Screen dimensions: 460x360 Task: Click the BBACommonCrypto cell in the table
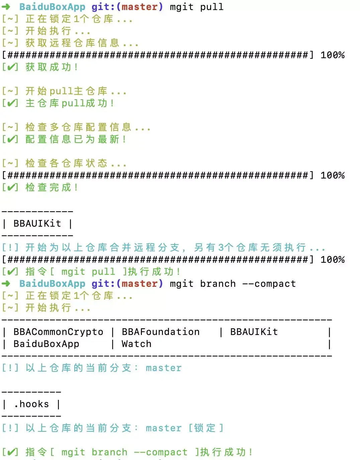58,332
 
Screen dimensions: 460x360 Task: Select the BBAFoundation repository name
161,332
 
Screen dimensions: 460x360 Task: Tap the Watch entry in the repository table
137,344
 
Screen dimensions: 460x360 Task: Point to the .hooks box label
31,404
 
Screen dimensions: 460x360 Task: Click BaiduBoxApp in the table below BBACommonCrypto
46,344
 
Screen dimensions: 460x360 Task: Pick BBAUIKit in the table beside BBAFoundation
254,332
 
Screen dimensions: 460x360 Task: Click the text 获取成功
52,67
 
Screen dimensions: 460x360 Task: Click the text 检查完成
52,188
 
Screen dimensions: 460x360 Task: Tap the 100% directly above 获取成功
333,55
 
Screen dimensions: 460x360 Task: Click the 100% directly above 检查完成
333,176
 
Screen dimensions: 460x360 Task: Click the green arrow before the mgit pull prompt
6,7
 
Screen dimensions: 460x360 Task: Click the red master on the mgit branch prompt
140,284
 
